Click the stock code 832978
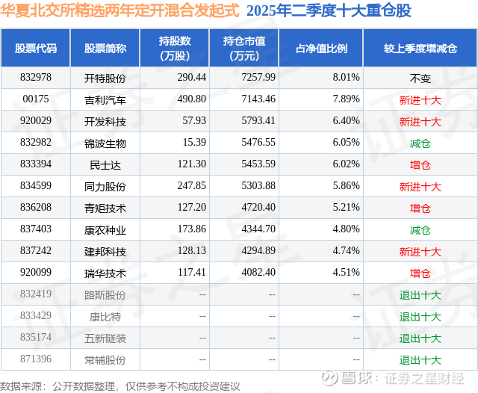pos(36,78)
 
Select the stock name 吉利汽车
pos(105,99)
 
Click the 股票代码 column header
pos(36,49)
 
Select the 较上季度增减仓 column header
pos(420,49)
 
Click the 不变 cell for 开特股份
pos(420,78)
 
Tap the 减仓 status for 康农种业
pos(420,230)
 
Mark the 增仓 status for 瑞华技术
pos(420,273)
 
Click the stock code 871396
pos(36,360)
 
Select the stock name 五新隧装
pos(105,338)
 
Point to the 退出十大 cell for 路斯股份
pos(420,295)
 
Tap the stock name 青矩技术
pos(105,208)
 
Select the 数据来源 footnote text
pos(120,386)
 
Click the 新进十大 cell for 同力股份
pos(420,187)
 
